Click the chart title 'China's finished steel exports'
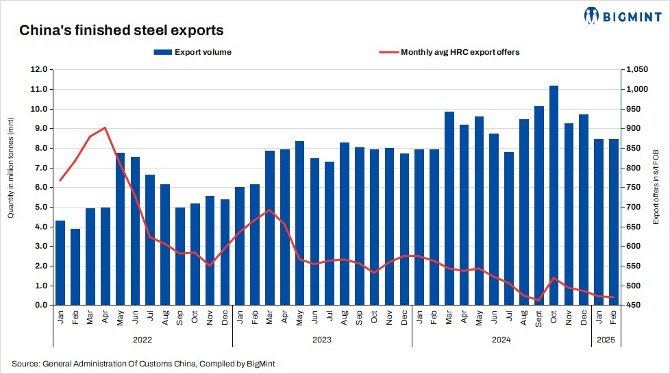[x=121, y=31]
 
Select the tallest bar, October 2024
[x=554, y=195]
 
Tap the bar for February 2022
[x=75, y=266]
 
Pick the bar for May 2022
[x=120, y=229]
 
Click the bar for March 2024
[x=449, y=208]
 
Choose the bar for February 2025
[x=614, y=222]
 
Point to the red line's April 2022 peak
[x=105, y=127]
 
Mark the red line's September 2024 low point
[x=538, y=300]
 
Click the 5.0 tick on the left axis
[x=40, y=207]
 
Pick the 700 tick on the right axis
[x=631, y=207]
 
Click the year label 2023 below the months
[x=321, y=339]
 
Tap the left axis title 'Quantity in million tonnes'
[x=11, y=168]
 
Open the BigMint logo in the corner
[x=622, y=15]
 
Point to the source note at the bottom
[x=143, y=364]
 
